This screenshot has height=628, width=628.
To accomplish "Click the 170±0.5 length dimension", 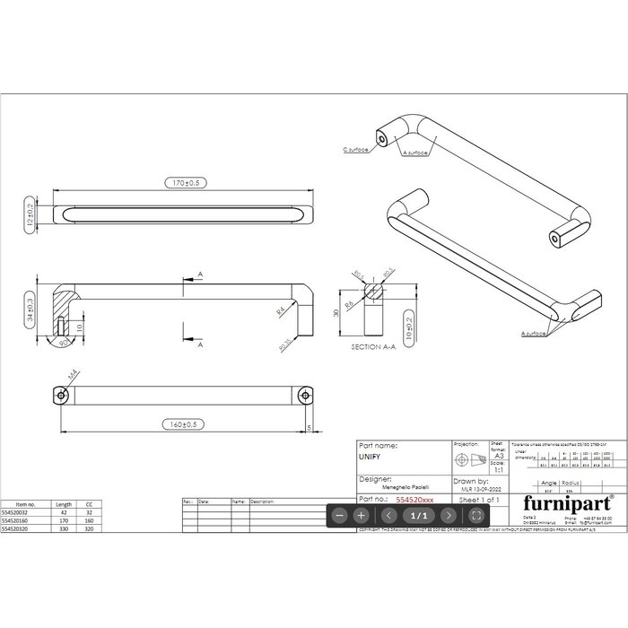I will click(x=183, y=183).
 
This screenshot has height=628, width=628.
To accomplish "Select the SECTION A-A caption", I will click(x=373, y=345).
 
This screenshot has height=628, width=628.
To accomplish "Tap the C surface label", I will click(x=357, y=150).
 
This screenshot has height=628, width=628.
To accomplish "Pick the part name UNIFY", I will click(x=370, y=457).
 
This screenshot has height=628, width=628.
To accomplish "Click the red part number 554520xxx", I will click(x=420, y=498).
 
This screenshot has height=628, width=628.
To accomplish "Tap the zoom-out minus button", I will click(x=338, y=516).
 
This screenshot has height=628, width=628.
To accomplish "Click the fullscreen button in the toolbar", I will click(x=476, y=516).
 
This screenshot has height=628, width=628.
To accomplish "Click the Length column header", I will click(x=63, y=505).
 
